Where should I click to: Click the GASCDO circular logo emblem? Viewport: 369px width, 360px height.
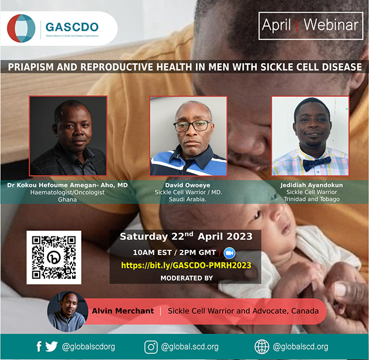coord(21,28)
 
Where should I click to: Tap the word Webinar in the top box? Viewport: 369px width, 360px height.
coord(331,25)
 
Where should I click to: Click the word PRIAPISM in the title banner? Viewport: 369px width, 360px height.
coord(31,67)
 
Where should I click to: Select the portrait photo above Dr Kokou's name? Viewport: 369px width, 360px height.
coord(68,136)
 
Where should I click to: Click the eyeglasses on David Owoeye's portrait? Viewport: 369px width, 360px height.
coord(192,126)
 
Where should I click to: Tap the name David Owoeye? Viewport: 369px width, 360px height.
coord(187,185)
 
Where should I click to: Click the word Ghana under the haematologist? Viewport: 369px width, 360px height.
coord(67,200)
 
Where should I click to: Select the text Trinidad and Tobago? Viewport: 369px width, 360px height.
coord(311,199)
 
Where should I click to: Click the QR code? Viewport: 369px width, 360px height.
coord(54,257)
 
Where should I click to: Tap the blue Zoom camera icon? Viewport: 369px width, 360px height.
coord(229,253)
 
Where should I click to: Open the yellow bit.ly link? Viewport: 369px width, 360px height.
coord(186,265)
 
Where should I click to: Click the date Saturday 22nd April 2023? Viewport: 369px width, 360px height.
coord(186,237)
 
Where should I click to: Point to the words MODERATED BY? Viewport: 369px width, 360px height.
coord(187,278)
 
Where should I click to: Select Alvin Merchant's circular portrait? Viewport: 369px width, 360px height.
coord(68,312)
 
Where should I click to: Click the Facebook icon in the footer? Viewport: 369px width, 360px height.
coord(39,347)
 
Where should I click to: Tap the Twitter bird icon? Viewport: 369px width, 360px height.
coord(51,347)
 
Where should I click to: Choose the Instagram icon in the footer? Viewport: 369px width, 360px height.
coord(151,347)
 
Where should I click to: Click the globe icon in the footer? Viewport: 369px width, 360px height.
coord(262,347)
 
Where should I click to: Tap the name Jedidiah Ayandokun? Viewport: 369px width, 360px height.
coord(311,185)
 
